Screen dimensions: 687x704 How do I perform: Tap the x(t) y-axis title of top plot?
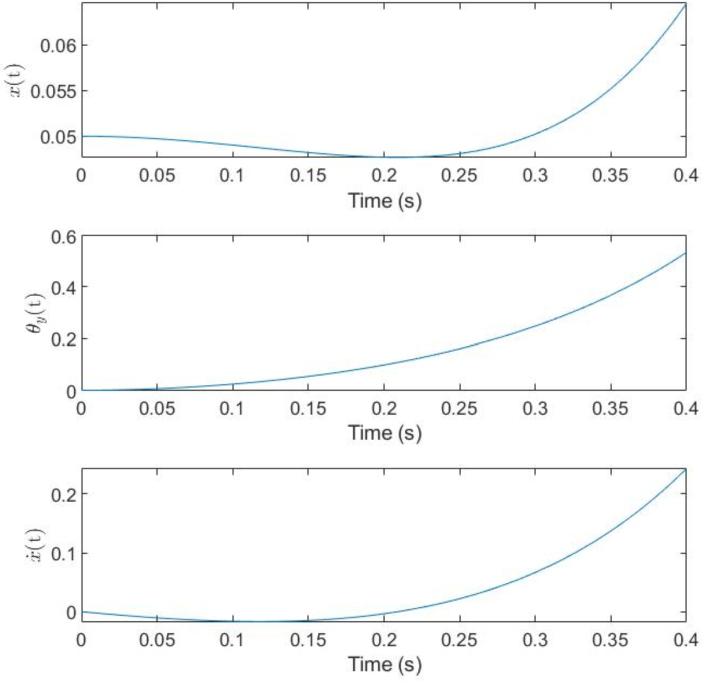coord(16,82)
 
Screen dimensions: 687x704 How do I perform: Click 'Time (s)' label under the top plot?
coord(384,201)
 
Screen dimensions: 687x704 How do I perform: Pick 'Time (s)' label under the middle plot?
coord(384,433)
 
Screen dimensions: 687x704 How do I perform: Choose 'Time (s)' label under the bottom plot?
coord(384,664)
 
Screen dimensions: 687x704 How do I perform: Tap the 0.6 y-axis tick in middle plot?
coord(63,238)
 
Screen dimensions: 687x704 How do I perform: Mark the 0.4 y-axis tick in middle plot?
coord(63,287)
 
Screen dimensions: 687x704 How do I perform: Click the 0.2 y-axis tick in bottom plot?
coord(63,494)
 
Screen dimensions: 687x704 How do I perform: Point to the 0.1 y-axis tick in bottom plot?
coord(63,554)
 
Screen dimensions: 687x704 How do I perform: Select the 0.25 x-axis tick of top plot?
coord(460,176)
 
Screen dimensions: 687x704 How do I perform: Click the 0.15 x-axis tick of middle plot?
coord(308,408)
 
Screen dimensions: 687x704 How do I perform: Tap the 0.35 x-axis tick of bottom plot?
coord(611,640)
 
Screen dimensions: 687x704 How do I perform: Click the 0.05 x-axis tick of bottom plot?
coord(157,640)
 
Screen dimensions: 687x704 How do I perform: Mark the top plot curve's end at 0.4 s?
coord(686,4)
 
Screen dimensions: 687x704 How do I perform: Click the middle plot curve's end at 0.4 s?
coord(686,253)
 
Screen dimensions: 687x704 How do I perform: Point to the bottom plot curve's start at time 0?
coord(82,612)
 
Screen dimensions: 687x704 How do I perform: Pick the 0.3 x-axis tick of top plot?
coord(535,176)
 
